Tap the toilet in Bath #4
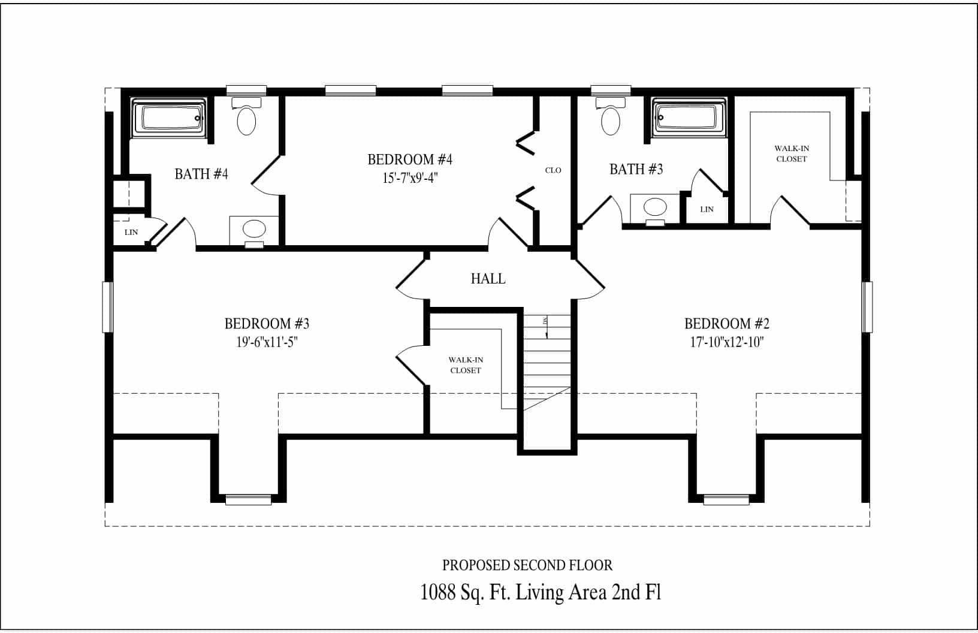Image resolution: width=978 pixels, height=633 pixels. (246, 117)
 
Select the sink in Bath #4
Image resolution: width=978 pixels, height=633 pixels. (254, 229)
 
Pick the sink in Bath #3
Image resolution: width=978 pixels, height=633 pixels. (654, 208)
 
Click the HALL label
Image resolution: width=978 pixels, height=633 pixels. (488, 279)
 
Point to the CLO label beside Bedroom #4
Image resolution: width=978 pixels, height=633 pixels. (553, 170)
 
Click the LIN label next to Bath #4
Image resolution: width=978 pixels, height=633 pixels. (131, 232)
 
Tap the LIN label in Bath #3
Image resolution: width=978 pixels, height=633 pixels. (707, 209)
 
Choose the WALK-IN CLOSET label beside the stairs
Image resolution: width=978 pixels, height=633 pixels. (466, 365)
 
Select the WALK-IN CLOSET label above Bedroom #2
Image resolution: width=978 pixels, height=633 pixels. (791, 153)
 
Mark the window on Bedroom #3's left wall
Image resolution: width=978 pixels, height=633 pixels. (107, 307)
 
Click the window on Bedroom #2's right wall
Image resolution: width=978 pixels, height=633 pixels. (867, 307)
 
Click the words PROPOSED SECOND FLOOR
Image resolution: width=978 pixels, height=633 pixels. (527, 565)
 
